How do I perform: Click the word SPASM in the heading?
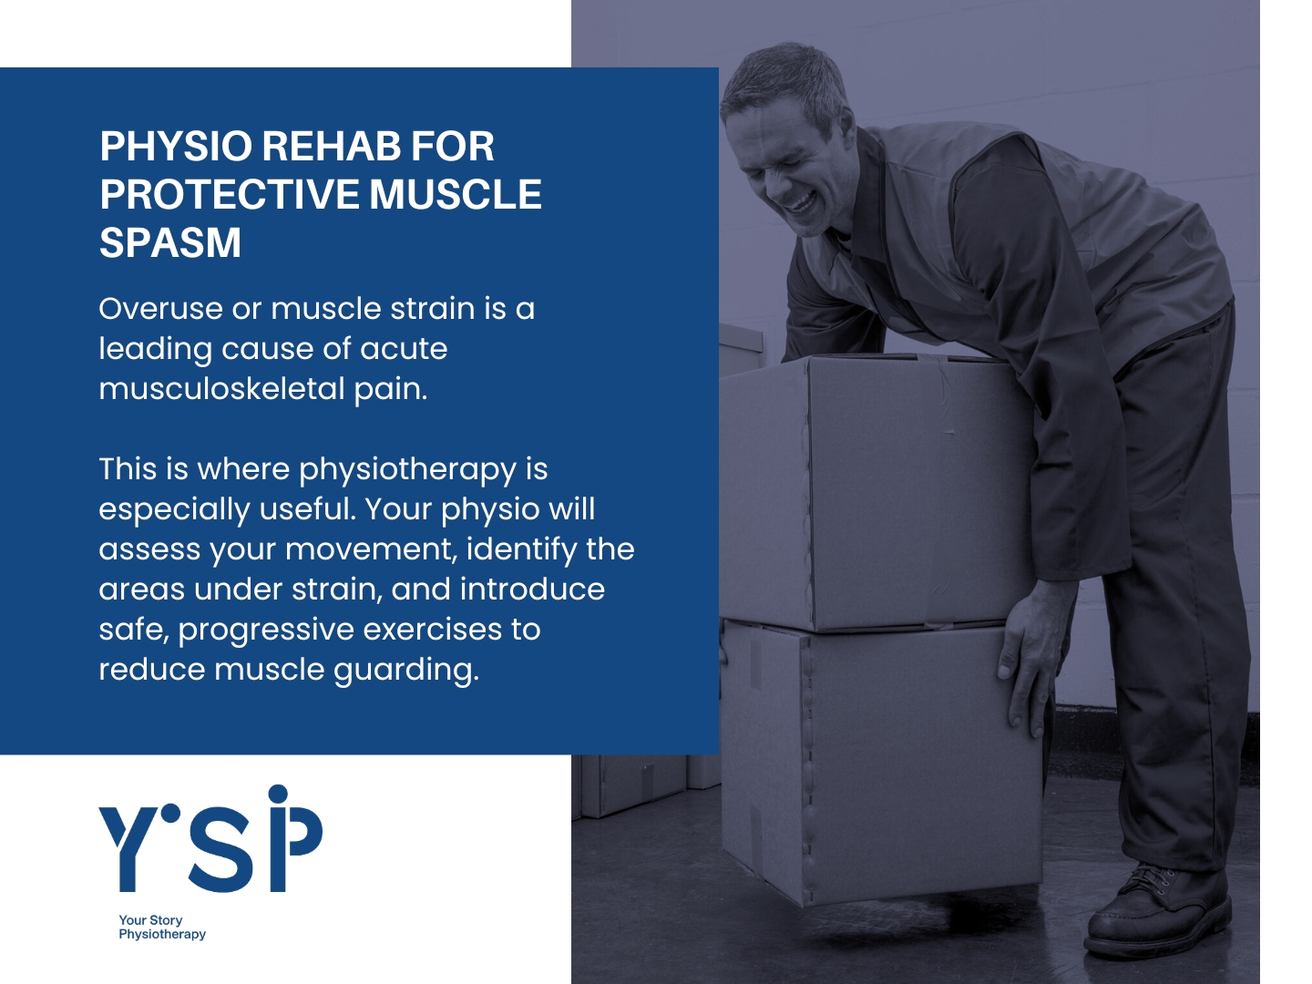[x=170, y=242]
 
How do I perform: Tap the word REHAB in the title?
[x=331, y=146]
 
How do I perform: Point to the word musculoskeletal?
[x=221, y=389]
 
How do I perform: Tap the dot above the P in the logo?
[x=279, y=794]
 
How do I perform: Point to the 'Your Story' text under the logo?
[x=150, y=920]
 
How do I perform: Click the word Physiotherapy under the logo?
[x=162, y=935]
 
